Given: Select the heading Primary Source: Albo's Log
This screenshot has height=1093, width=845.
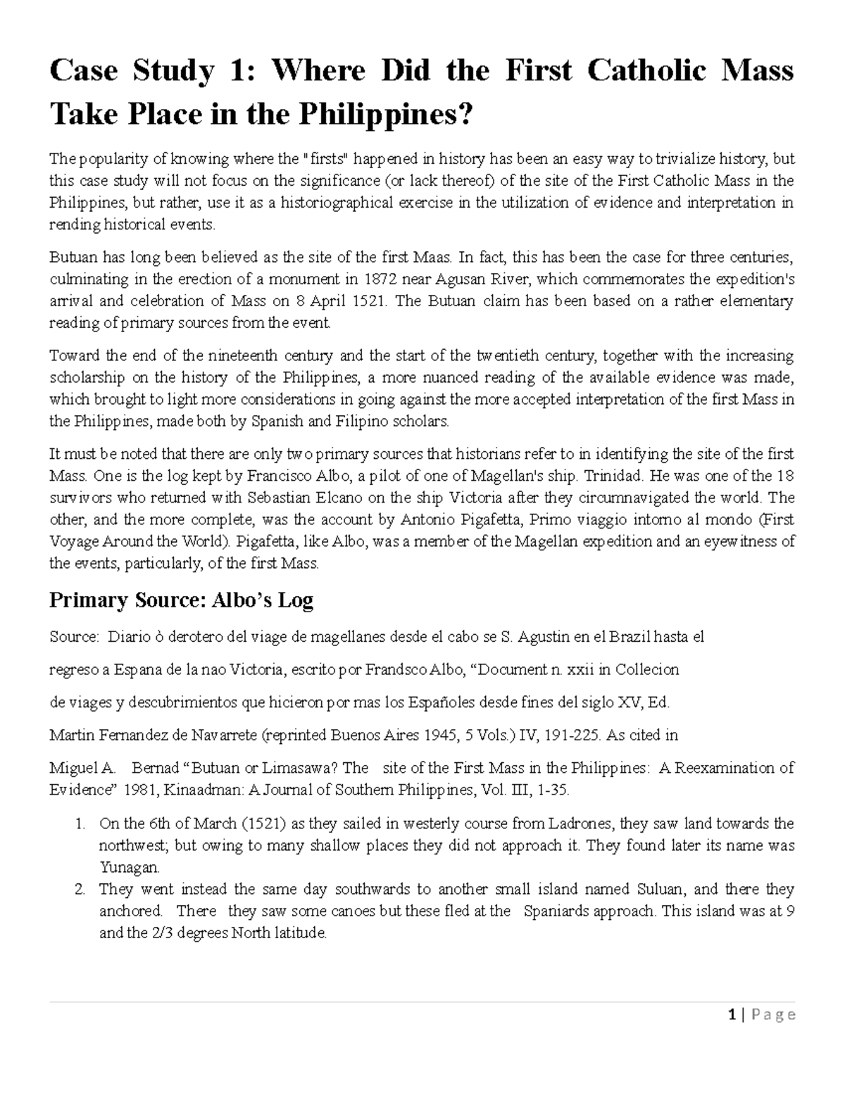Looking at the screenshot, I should point(181,600).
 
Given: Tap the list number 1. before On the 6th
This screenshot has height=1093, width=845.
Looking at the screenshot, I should point(80,823).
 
